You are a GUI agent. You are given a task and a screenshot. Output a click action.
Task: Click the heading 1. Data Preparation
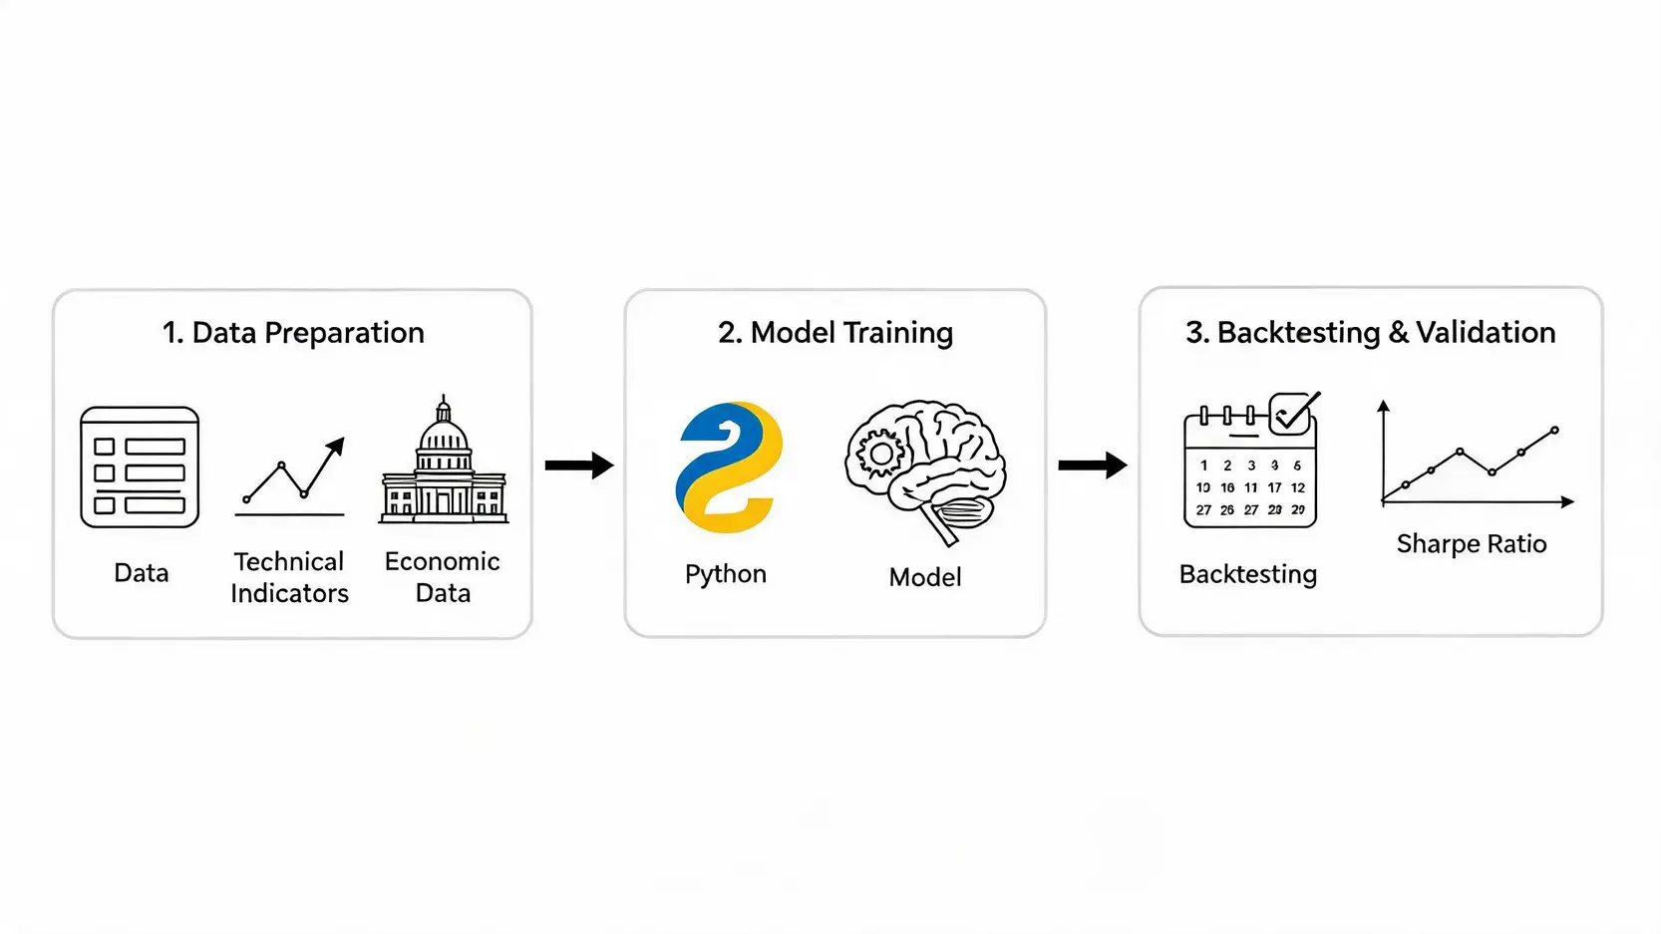tap(294, 333)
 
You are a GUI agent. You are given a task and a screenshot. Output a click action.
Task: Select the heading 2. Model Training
tap(834, 333)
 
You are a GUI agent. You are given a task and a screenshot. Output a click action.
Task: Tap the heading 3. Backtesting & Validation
tap(1370, 333)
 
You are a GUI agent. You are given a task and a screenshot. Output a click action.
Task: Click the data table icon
tap(140, 467)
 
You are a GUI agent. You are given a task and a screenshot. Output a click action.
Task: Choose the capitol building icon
tap(444, 460)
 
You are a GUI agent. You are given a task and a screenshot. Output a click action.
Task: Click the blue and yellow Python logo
tap(729, 467)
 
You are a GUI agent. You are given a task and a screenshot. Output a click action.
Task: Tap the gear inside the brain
tap(881, 454)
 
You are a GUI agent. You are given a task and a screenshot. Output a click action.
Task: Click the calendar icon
tap(1250, 466)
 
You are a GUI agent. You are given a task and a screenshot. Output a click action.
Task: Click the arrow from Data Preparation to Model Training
tap(579, 466)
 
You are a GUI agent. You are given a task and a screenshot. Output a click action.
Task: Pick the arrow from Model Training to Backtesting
tap(1093, 466)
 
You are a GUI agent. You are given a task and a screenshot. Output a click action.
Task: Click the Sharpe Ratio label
tap(1472, 544)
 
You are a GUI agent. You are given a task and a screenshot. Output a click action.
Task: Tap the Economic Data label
tap(443, 577)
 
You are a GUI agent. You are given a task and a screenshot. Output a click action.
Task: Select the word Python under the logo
tap(725, 574)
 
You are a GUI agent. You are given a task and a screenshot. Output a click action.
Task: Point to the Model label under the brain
tap(925, 577)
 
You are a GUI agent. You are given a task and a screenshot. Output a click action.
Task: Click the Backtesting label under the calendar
tap(1248, 574)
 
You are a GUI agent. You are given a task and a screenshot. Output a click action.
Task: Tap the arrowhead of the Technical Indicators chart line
tap(337, 446)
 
